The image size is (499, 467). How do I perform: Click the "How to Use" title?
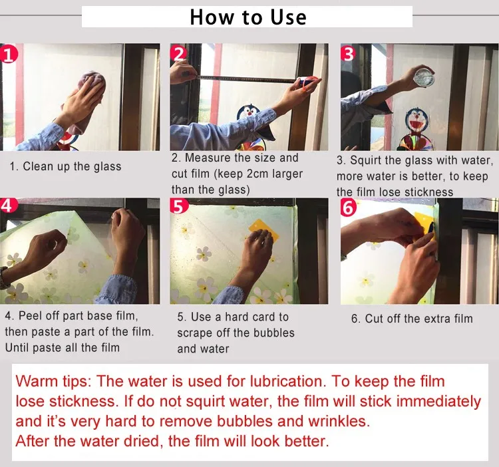pyautogui.click(x=248, y=17)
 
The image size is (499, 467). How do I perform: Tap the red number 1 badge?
pyautogui.click(x=7, y=54)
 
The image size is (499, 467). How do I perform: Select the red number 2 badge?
pyautogui.click(x=178, y=53)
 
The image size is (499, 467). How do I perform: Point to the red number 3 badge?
pyautogui.click(x=348, y=53)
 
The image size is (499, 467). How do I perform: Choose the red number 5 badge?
pyautogui.click(x=178, y=206)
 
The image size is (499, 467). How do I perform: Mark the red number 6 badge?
pyautogui.click(x=349, y=207)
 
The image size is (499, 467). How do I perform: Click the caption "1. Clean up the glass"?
pyautogui.click(x=66, y=166)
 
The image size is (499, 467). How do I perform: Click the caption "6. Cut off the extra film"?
pyautogui.click(x=412, y=319)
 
